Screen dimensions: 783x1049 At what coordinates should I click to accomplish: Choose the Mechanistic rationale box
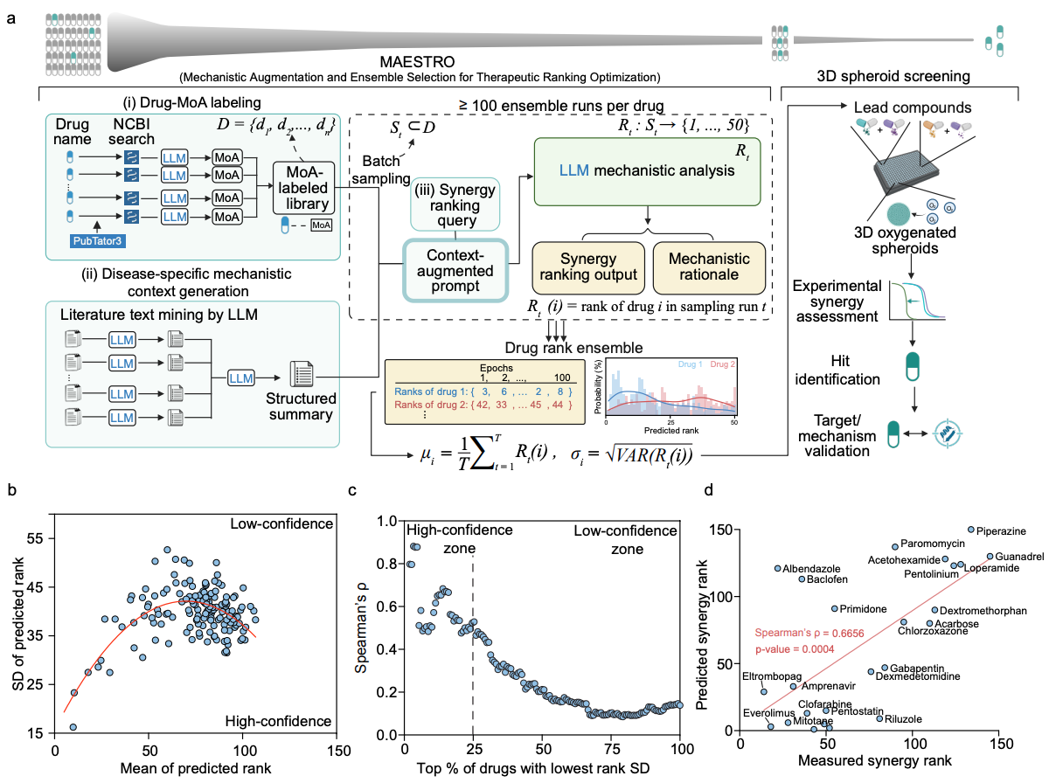coord(708,267)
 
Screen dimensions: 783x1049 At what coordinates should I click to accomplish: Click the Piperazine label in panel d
coord(1001,530)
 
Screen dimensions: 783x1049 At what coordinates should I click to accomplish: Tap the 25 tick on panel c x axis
coord(473,749)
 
